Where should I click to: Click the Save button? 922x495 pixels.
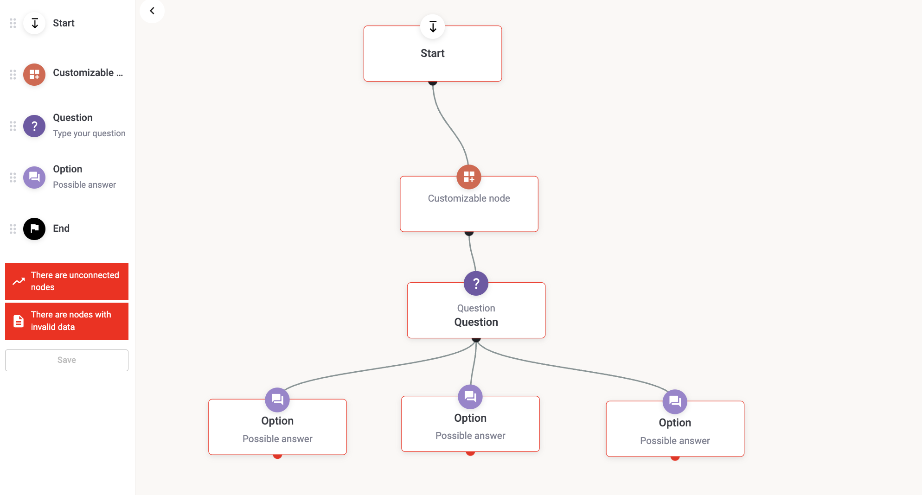coord(67,360)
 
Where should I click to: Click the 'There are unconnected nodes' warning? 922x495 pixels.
coord(67,281)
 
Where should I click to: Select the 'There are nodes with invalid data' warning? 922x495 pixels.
coord(67,321)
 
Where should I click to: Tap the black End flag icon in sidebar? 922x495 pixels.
coord(34,229)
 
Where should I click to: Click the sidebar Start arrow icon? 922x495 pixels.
coord(34,23)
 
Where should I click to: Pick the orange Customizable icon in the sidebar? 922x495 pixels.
coord(34,75)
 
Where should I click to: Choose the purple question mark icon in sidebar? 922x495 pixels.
coord(34,126)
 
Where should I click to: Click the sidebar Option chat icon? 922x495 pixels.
coord(34,178)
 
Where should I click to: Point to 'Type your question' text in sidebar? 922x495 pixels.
coord(89,133)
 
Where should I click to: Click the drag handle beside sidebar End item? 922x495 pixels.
coord(13,229)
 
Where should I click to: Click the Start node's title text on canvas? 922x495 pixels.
coord(432,53)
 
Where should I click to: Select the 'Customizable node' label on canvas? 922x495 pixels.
coord(469,198)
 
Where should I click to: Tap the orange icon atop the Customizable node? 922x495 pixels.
coord(469,177)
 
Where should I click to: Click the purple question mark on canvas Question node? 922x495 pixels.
coord(476,283)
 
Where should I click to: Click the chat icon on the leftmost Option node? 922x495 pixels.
coord(277,400)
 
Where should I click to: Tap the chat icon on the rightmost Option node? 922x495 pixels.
coord(675,401)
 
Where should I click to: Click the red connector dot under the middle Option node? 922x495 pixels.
coord(470,453)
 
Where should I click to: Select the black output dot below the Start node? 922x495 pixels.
coord(433,82)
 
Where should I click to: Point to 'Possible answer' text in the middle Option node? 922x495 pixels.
coord(470,436)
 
